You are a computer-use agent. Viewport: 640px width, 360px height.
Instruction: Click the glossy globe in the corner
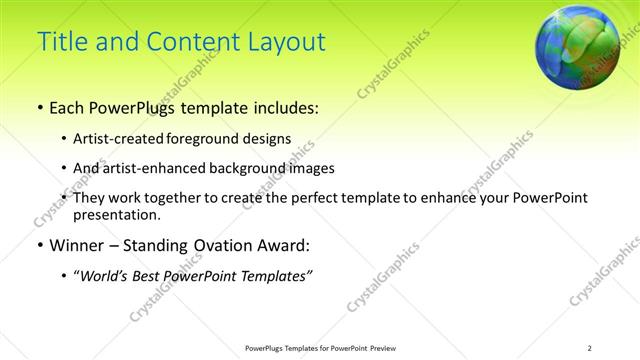point(575,45)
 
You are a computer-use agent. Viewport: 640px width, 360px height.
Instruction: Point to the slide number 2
point(590,347)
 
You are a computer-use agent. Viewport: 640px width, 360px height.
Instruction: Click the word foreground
point(217,139)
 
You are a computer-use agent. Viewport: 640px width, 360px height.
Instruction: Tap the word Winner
point(78,245)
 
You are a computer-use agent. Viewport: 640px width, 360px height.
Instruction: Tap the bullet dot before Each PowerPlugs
point(38,106)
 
